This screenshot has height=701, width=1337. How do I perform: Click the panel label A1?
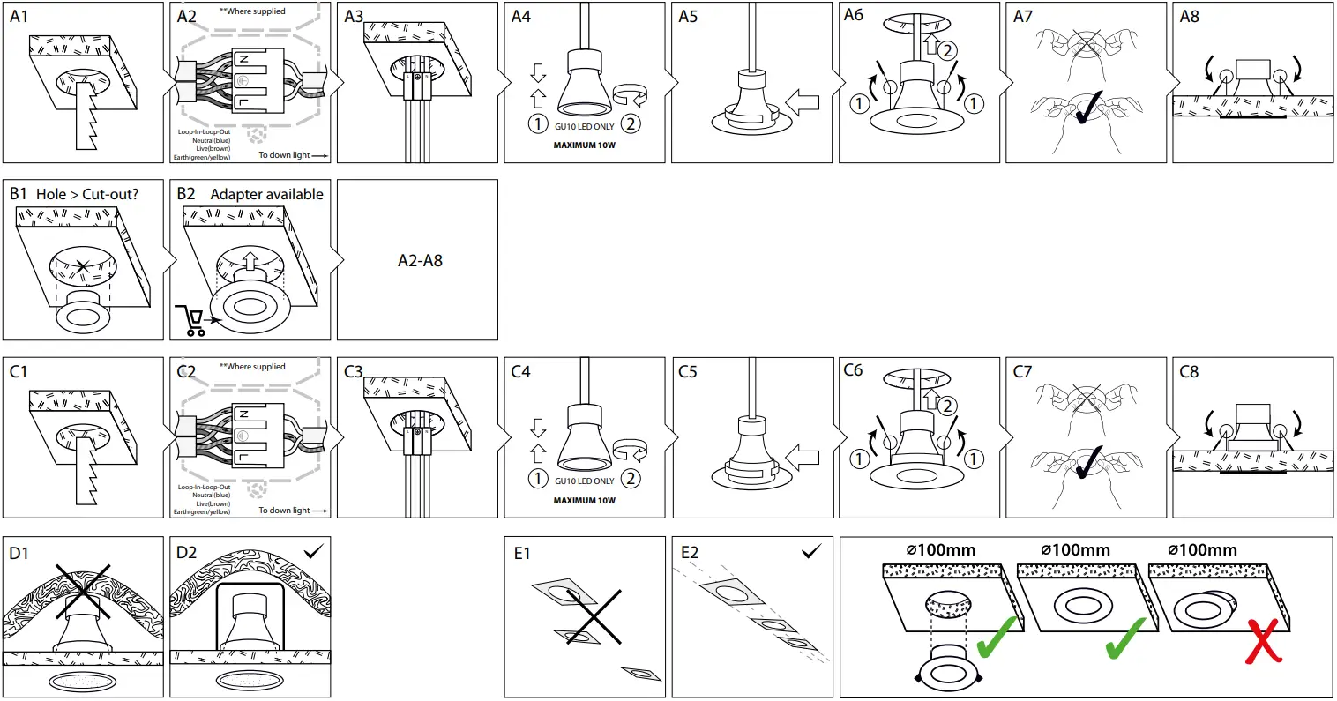pyautogui.click(x=19, y=16)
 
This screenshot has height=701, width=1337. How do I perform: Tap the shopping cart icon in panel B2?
pyautogui.click(x=190, y=320)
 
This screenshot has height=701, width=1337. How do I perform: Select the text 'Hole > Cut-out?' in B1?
pyautogui.click(x=87, y=194)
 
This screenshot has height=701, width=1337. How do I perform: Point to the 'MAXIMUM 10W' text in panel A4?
pyautogui.click(x=584, y=145)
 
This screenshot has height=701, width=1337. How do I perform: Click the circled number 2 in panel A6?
pyautogui.click(x=947, y=50)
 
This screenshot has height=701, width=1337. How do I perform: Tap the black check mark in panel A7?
pyautogui.click(x=1087, y=109)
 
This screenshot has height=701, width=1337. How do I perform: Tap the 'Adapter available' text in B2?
pyautogui.click(x=266, y=194)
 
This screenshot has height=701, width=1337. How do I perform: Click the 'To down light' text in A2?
pyautogui.click(x=293, y=156)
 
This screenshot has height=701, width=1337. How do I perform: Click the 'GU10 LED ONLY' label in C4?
pyautogui.click(x=584, y=481)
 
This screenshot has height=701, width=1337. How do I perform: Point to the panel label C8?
pyautogui.click(x=1189, y=371)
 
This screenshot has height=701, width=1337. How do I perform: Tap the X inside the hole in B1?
pyautogui.click(x=82, y=265)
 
